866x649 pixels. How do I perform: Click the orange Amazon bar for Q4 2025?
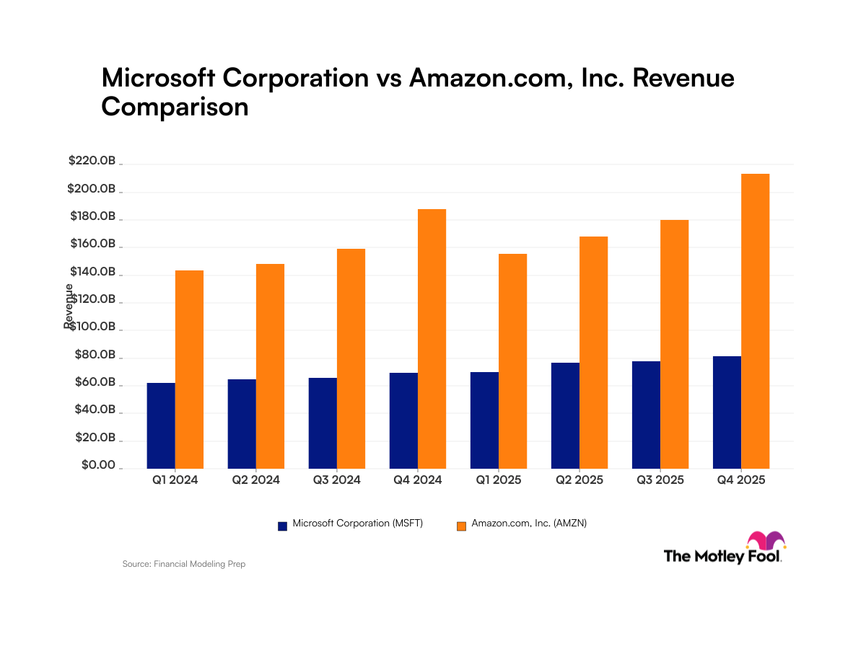756,321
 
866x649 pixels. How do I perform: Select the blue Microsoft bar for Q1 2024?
161,425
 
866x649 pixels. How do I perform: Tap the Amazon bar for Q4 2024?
432,338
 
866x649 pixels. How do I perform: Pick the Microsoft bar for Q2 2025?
565,415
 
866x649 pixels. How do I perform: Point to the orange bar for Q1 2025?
513,361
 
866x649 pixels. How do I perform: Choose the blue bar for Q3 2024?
323,423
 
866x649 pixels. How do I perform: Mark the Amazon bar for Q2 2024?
271,366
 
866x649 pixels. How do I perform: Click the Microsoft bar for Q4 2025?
727,412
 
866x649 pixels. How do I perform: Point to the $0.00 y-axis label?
98,465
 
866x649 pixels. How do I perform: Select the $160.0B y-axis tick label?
92,244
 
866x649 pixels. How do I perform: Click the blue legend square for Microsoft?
283,526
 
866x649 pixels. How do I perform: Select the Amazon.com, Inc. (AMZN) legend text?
529,524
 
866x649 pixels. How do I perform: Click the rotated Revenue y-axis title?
69,306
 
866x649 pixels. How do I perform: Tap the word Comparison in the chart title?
175,107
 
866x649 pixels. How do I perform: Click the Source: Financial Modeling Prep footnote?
184,564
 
